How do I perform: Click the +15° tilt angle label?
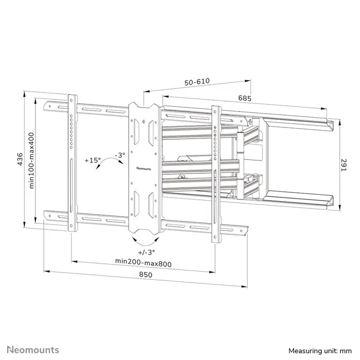point(93,160)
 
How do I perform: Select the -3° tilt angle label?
point(119,154)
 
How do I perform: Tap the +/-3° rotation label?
point(147,252)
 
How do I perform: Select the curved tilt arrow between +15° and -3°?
point(109,166)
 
